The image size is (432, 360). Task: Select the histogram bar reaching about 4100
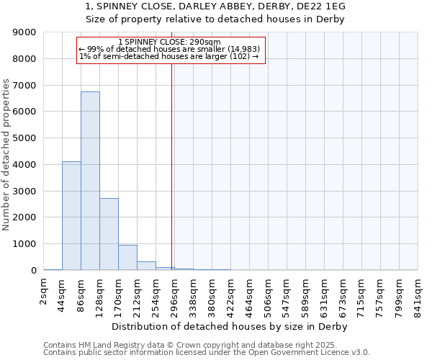point(71,216)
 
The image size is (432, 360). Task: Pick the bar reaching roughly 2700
point(109,234)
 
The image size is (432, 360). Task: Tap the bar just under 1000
point(127,258)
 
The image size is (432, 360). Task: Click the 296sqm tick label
point(175,293)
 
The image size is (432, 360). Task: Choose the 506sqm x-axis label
point(269,293)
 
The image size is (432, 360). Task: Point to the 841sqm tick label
point(418,293)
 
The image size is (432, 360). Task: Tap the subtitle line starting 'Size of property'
point(215,19)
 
